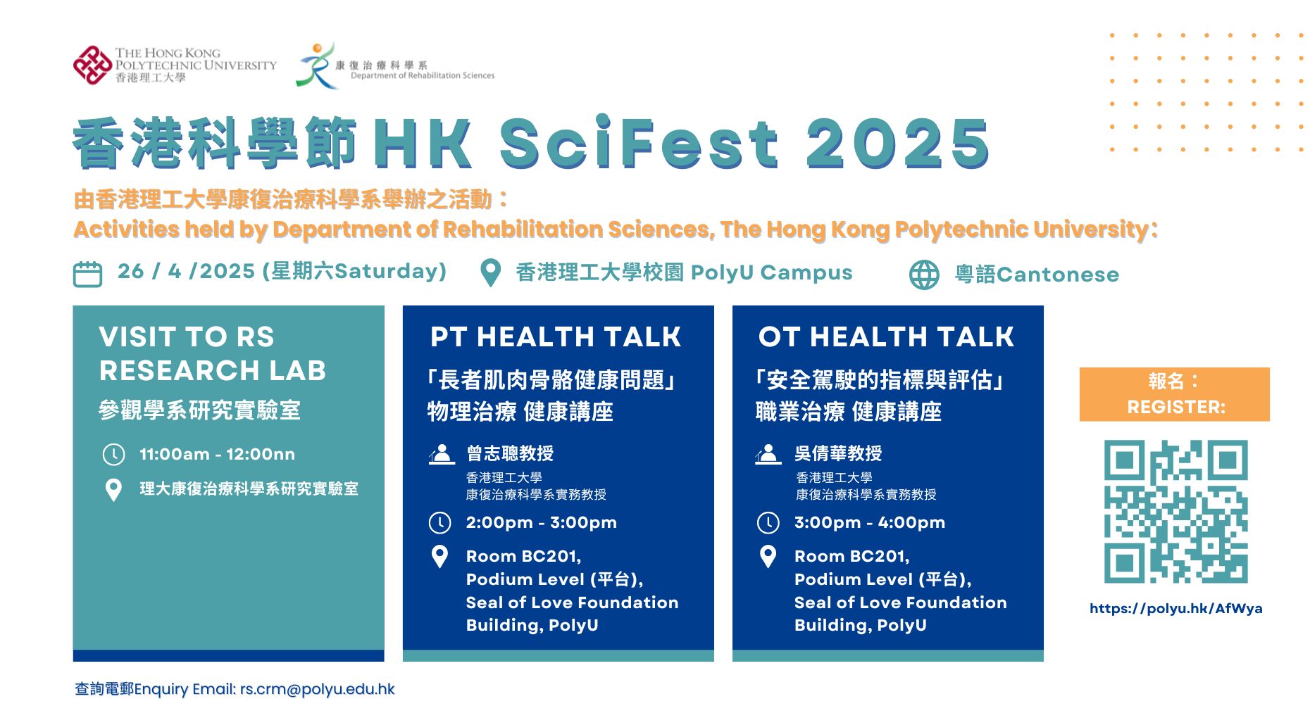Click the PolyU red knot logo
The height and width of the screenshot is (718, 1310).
(x=92, y=65)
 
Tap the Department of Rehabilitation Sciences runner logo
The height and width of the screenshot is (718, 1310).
(x=316, y=66)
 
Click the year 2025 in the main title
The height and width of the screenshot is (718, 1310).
(x=897, y=144)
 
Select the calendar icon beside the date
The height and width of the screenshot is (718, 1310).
(x=88, y=274)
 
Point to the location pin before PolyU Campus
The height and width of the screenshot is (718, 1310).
(x=490, y=273)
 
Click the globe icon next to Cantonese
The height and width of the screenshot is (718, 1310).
(x=924, y=275)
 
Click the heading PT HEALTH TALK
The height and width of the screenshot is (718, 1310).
(x=556, y=337)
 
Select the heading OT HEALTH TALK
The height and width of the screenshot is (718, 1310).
(x=886, y=337)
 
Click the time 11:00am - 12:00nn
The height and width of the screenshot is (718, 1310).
(x=217, y=455)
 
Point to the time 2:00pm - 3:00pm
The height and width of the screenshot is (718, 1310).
(x=541, y=522)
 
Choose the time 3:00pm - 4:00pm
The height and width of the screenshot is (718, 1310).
(x=869, y=522)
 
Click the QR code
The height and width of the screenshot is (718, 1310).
(x=1175, y=512)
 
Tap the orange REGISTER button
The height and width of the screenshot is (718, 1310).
(x=1174, y=394)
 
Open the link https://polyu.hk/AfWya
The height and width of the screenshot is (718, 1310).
(x=1175, y=608)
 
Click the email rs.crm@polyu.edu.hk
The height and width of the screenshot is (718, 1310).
(x=317, y=689)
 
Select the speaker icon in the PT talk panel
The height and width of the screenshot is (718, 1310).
(x=442, y=454)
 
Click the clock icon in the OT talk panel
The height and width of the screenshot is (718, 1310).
(x=768, y=523)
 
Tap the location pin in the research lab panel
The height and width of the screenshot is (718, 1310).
(x=113, y=489)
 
